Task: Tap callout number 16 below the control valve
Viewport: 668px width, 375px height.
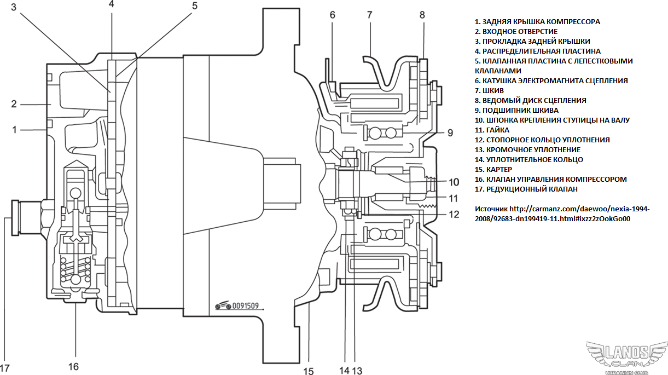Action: (73, 366)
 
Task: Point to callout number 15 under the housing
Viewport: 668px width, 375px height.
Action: (309, 371)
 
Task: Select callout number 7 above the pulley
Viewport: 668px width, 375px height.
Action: (370, 15)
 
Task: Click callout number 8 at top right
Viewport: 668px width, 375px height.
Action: (422, 15)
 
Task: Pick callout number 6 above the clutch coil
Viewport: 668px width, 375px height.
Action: (332, 15)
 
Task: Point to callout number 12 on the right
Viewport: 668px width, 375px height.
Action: (454, 215)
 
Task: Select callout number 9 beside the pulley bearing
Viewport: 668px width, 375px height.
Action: (450, 132)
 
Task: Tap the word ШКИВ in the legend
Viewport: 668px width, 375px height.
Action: (493, 90)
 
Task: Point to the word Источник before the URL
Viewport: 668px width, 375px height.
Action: (491, 209)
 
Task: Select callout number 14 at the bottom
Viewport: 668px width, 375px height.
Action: (344, 371)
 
